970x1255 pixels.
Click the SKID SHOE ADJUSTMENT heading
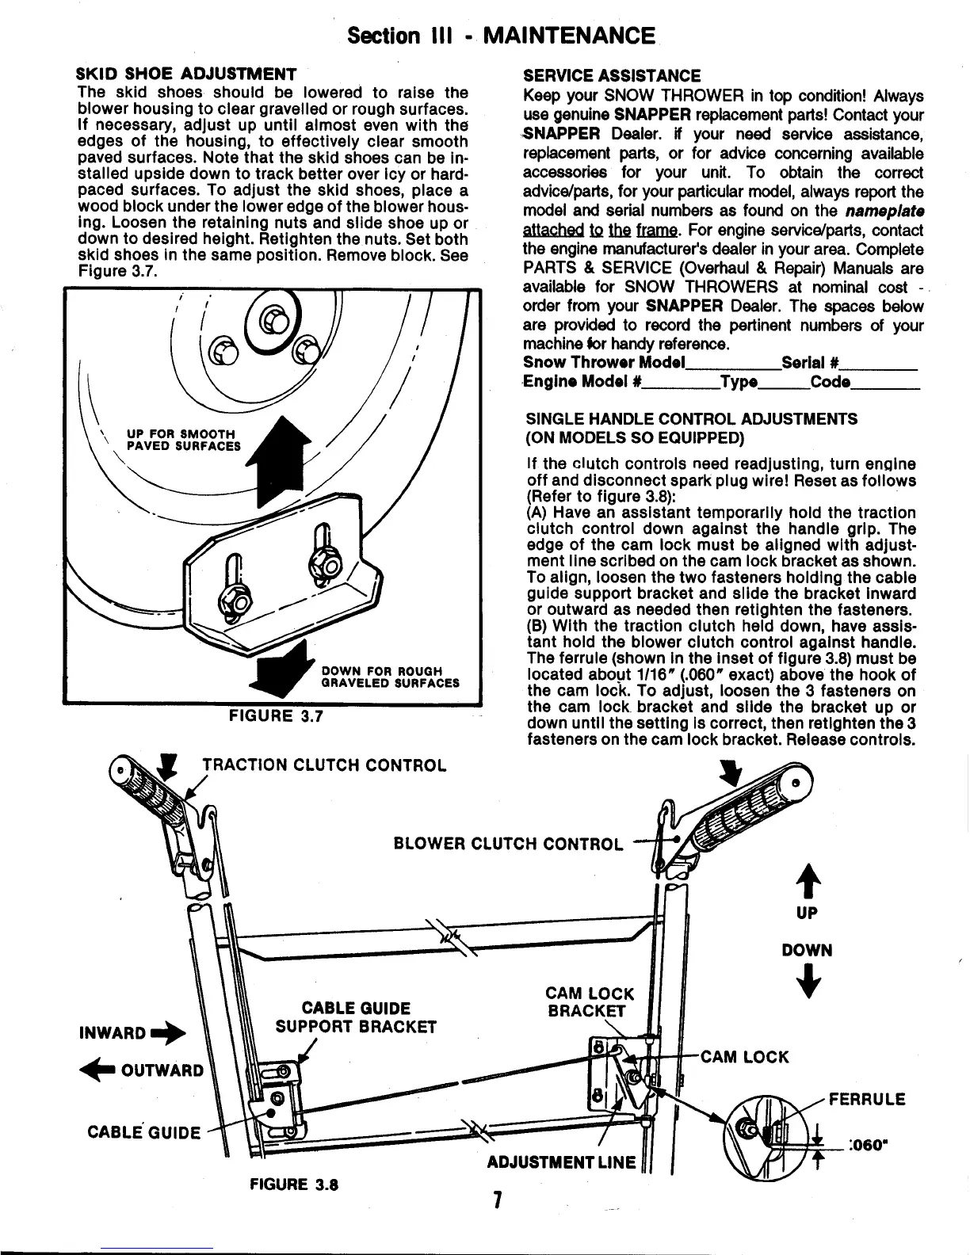click(x=186, y=75)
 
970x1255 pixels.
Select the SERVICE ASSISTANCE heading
click(x=612, y=76)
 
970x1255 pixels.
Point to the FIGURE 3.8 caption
click(x=294, y=1185)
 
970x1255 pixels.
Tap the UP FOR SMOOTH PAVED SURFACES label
click(x=183, y=440)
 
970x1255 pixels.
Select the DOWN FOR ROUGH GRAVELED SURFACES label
click(x=390, y=677)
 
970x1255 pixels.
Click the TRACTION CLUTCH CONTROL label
click(x=324, y=765)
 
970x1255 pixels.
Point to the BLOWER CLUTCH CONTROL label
click(x=508, y=843)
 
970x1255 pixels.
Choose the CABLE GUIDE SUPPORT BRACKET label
click(x=356, y=1018)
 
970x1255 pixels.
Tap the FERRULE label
click(x=866, y=1100)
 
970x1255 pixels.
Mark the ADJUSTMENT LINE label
click(x=561, y=1162)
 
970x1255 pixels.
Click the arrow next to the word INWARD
click(x=171, y=1033)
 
